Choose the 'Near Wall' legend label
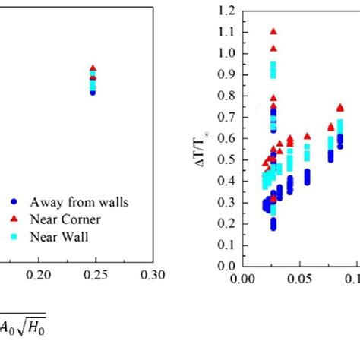tap(60, 235)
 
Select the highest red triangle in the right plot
tap(273, 32)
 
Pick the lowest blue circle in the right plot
tap(273, 227)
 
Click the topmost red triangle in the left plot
tap(93, 68)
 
